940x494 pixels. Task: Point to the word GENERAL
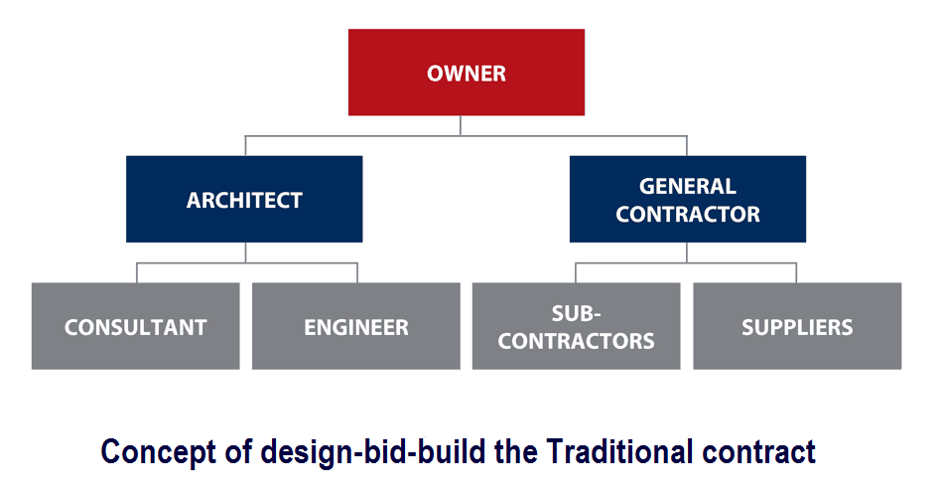point(687,186)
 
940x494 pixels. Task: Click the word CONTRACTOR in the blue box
point(687,214)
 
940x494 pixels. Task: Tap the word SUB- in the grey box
point(577,314)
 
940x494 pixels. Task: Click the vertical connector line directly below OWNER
point(461,124)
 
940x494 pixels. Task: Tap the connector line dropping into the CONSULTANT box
point(137,273)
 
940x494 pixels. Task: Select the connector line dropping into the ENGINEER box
point(356,273)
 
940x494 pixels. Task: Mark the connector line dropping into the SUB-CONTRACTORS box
point(576,273)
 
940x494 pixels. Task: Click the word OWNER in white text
point(466,74)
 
